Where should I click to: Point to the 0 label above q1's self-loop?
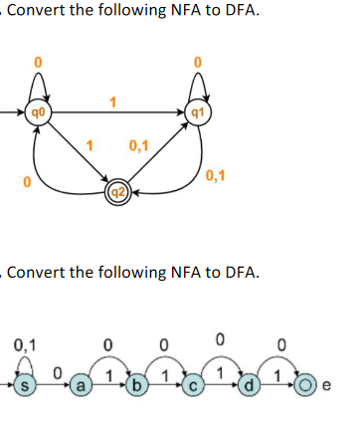tap(197, 63)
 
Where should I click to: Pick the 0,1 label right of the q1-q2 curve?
tap(217, 177)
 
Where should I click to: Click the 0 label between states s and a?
tap(59, 372)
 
